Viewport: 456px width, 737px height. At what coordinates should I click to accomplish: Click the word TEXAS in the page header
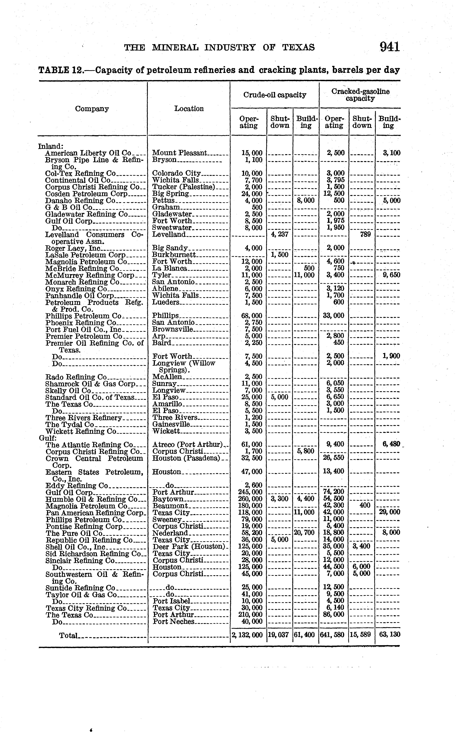tap(299, 48)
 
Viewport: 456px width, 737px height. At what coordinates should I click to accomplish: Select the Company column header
tap(92, 109)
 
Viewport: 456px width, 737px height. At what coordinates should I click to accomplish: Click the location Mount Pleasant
tap(179, 153)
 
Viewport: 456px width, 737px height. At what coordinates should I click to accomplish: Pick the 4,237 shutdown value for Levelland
tap(280, 234)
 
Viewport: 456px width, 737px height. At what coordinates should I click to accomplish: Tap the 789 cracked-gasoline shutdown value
tap(365, 234)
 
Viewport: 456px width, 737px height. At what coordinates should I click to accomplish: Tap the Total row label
tap(69, 635)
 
